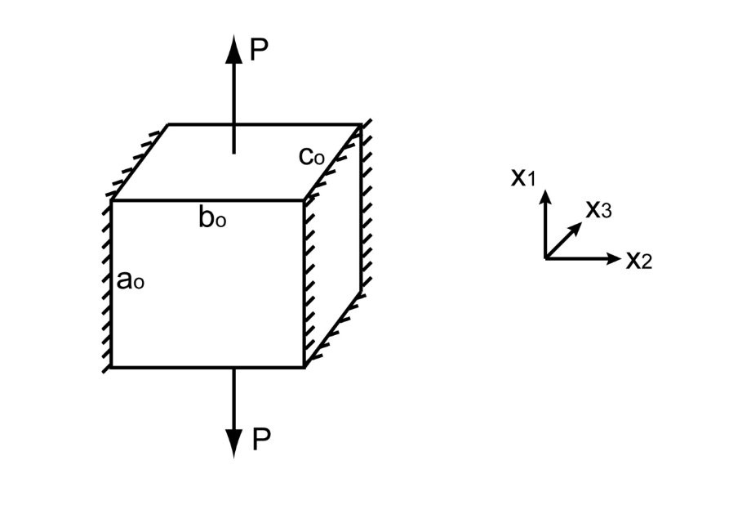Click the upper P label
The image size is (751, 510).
click(x=259, y=51)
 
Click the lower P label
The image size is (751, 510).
click(x=260, y=440)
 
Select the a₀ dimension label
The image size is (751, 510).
click(x=131, y=280)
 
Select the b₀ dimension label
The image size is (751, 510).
click(x=212, y=218)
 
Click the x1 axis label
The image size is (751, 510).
click(x=522, y=177)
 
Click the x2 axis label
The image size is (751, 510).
click(x=639, y=260)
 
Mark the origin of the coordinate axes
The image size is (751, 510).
click(x=545, y=258)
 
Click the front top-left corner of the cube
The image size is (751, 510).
click(x=112, y=200)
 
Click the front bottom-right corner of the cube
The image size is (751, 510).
click(x=305, y=367)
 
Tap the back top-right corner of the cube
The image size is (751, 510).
click(x=360, y=125)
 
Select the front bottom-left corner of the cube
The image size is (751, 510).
click(x=112, y=367)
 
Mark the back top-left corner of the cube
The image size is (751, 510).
click(x=168, y=125)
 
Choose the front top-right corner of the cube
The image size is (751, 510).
click(x=305, y=200)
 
